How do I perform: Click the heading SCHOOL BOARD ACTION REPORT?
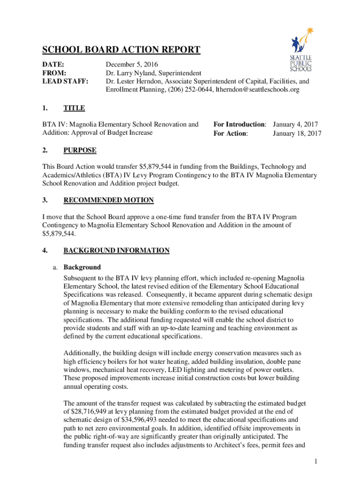pyautogui.click(x=122, y=50)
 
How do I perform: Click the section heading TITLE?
pyautogui.click(x=74, y=108)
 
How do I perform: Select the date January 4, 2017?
pyautogui.click(x=295, y=124)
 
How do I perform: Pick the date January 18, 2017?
pyautogui.click(x=297, y=133)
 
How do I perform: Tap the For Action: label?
pyautogui.click(x=231, y=133)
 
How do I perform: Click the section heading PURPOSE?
pyautogui.click(x=80, y=150)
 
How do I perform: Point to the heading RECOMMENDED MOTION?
pyautogui.click(x=108, y=200)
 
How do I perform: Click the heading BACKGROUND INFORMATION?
pyautogui.click(x=116, y=250)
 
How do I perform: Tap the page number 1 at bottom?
pyautogui.click(x=316, y=462)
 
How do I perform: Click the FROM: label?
pyautogui.click(x=54, y=73)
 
